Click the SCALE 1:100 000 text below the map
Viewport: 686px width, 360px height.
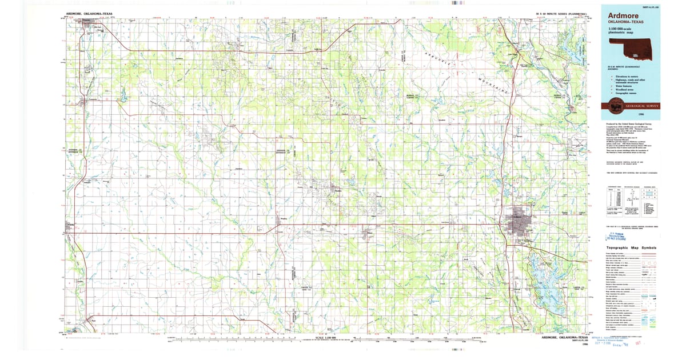(x=326, y=338)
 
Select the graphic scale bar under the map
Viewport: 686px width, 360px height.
(x=326, y=342)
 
